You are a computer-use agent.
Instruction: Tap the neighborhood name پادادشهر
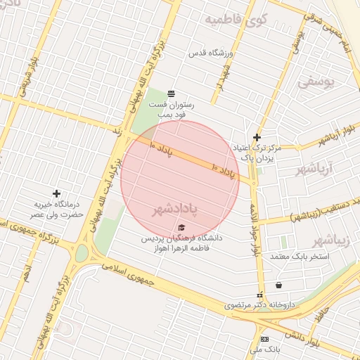pyautogui.click(x=193, y=210)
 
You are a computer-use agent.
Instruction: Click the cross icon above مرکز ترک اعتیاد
pyautogui.click(x=257, y=137)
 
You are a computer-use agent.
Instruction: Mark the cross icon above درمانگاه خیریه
pyautogui.click(x=57, y=193)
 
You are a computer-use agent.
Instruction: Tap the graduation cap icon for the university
pyautogui.click(x=182, y=227)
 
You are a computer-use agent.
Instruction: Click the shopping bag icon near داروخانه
pyautogui.click(x=279, y=285)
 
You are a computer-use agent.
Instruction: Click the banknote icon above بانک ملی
pyautogui.click(x=264, y=339)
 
